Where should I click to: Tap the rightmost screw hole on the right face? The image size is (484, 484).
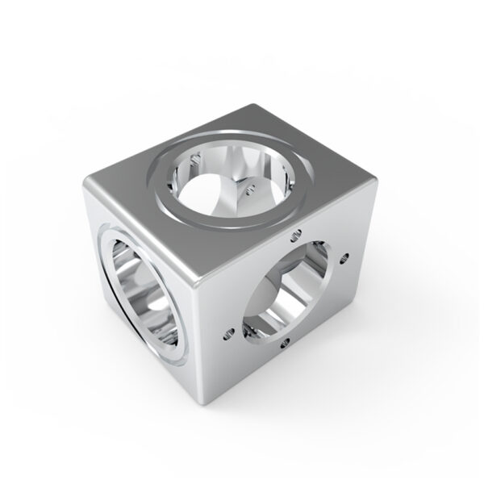click(x=344, y=259)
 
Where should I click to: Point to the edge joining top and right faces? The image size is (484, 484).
click(x=290, y=232)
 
